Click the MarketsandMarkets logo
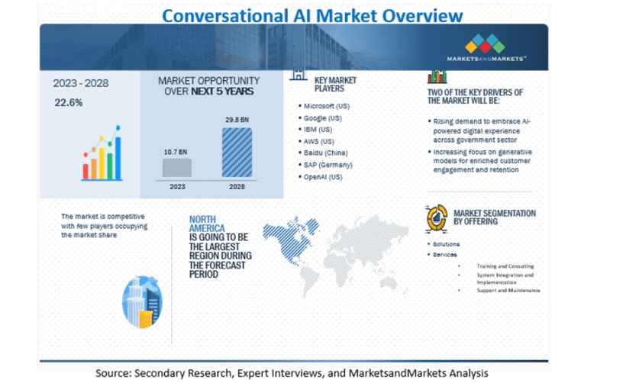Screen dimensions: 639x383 tap(486, 47)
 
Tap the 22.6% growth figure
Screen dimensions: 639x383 tap(69, 103)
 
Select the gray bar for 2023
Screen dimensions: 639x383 tap(177, 167)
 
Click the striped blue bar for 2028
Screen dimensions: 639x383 tap(237, 153)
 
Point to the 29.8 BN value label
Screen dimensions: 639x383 tap(237, 120)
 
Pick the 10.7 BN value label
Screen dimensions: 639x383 tap(176, 152)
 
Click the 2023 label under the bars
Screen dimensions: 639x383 tap(177, 187)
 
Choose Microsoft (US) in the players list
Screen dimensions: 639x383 tap(327, 106)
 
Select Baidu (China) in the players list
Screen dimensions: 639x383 tap(326, 153)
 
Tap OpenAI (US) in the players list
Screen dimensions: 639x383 tap(323, 177)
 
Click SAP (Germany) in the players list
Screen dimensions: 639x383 tap(328, 165)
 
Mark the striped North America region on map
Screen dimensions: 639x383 tap(290, 238)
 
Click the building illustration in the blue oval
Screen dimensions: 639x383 tap(142, 302)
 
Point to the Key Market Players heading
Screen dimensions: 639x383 tap(335, 85)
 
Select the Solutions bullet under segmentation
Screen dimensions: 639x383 tap(446, 244)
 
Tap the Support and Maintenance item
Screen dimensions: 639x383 tap(508, 291)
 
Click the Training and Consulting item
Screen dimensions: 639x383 tap(505, 266)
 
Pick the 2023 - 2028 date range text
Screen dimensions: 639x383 tap(81, 83)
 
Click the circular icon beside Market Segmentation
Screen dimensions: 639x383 tap(437, 218)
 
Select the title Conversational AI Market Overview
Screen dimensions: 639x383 tap(312, 16)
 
